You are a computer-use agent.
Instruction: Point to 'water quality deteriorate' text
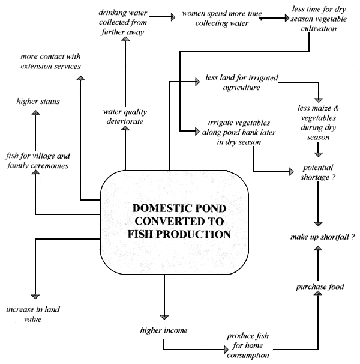click(125, 116)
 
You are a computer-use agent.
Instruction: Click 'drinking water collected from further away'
click(125, 23)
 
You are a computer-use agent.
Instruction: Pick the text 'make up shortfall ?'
click(319, 238)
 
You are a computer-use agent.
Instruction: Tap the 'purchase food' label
click(319, 287)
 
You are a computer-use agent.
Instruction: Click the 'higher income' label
click(163, 330)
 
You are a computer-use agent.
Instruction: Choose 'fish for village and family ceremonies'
click(37, 160)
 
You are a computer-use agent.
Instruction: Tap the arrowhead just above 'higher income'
click(163, 316)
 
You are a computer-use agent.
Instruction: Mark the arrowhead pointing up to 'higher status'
click(36, 112)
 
